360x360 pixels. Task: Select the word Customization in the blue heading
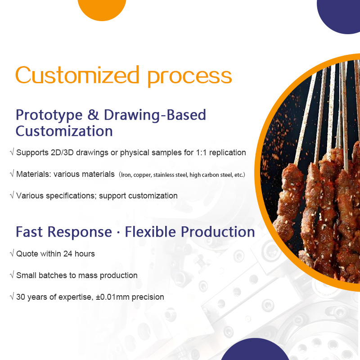click(x=64, y=131)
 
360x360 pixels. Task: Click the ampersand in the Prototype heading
click(x=93, y=115)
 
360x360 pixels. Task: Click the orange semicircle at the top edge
click(x=102, y=8)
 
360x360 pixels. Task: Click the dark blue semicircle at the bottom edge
click(x=255, y=351)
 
